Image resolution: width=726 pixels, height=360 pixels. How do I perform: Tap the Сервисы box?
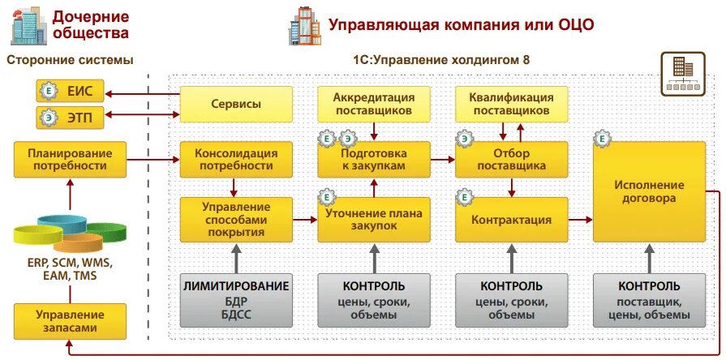point(236,105)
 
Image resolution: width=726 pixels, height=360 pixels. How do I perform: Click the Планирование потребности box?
point(70,160)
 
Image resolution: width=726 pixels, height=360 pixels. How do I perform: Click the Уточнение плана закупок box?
point(374,220)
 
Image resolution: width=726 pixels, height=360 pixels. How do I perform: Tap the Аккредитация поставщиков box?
point(374,103)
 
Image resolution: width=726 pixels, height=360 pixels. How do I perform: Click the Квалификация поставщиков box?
point(511,103)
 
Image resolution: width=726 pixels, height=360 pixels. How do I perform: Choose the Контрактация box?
point(511,220)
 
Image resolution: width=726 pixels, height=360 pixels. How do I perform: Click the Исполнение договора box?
point(648,191)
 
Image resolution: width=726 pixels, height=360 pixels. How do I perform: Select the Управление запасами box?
point(70,321)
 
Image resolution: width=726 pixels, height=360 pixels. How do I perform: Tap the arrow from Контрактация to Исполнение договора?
point(579,220)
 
